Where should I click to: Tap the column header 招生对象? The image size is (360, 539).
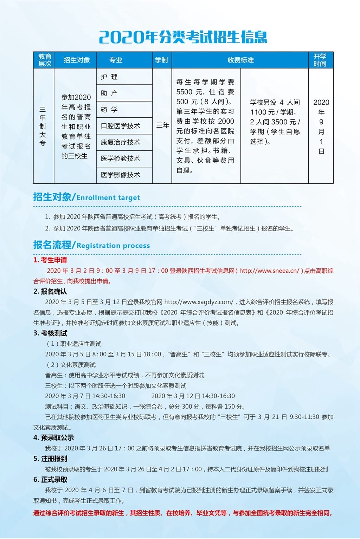tap(77, 60)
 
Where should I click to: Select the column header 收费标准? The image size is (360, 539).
tap(240, 60)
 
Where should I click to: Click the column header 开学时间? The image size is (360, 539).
tap(320, 60)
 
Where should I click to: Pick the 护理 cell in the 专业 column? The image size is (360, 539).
tap(109, 77)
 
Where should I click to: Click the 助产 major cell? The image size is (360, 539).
tap(109, 93)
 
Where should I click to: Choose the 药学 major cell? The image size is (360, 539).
tap(109, 110)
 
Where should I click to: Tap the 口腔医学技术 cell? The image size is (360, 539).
tap(120, 126)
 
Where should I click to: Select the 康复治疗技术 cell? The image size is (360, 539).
tap(120, 142)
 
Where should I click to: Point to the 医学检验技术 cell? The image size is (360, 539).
tap(120, 158)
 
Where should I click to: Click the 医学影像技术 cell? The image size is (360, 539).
tap(120, 175)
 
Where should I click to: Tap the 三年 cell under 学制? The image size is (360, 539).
tap(162, 125)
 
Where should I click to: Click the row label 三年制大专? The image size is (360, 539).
tap(43, 126)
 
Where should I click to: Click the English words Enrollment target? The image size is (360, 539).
tap(108, 198)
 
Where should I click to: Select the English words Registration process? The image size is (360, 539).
tap(113, 246)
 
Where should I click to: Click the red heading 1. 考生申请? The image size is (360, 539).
tap(50, 260)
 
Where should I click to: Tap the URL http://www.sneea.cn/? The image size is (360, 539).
tap(269, 271)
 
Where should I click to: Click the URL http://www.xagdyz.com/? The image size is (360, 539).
tap(199, 302)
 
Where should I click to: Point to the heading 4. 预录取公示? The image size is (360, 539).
tap(54, 437)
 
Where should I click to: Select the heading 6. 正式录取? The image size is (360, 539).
tap(50, 480)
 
